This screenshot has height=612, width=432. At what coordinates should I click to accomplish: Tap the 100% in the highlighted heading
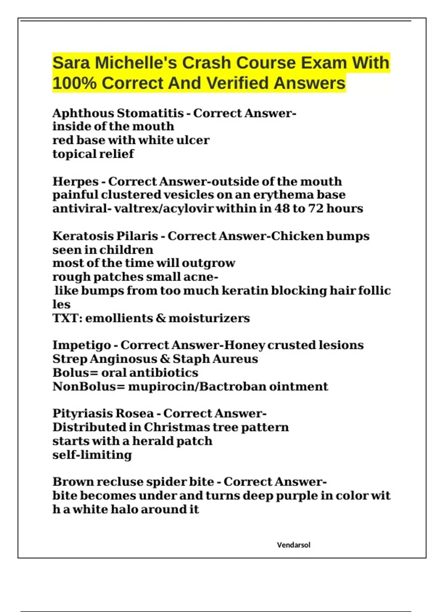[x=75, y=83]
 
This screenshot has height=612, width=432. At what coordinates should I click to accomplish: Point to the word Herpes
[x=76, y=181]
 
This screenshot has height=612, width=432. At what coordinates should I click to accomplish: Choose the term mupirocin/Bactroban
[x=197, y=387]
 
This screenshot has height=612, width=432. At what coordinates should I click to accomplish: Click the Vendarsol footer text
[x=293, y=545]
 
